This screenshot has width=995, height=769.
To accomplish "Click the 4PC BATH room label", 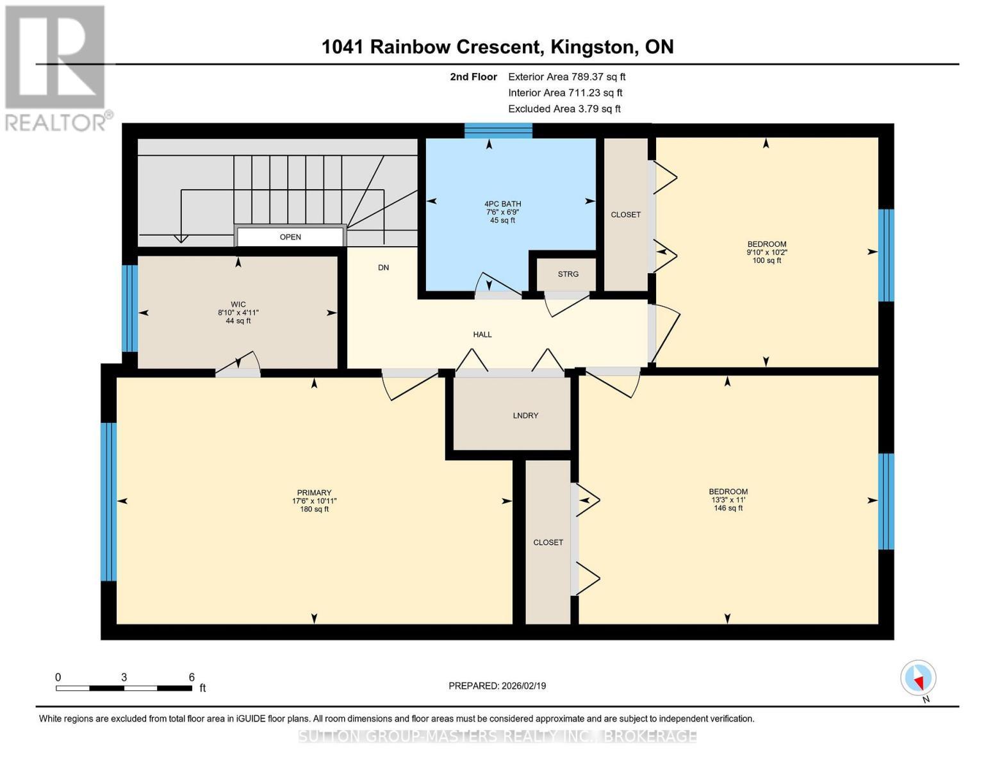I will (x=502, y=204).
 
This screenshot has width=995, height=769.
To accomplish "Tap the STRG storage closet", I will (x=568, y=274).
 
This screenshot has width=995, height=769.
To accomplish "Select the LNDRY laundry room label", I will (x=525, y=416).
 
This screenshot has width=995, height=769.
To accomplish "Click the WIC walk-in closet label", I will (x=238, y=305).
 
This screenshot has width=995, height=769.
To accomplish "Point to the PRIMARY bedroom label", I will (x=314, y=493).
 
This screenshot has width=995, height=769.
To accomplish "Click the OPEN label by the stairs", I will (x=290, y=237).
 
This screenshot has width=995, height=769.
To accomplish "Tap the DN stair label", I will (x=383, y=268).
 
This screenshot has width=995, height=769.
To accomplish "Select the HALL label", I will (x=482, y=335).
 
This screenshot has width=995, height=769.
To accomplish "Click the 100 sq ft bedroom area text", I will (x=766, y=261).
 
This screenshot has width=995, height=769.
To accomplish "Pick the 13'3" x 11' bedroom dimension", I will (x=728, y=500).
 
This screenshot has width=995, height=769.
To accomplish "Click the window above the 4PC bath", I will (x=498, y=131).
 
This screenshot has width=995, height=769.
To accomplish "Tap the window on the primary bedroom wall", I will (x=108, y=501).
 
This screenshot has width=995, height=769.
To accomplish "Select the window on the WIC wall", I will (x=129, y=308).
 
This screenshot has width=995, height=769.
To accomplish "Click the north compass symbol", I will (x=919, y=679).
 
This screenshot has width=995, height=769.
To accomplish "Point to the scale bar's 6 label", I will (x=192, y=677).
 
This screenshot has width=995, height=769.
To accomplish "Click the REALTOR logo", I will (x=56, y=67).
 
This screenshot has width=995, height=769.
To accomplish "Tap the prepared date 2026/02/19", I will (x=522, y=686).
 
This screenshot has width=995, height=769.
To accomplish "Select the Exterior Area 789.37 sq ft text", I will (x=566, y=77).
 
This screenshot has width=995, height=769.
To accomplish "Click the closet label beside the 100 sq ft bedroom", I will (x=625, y=215).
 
